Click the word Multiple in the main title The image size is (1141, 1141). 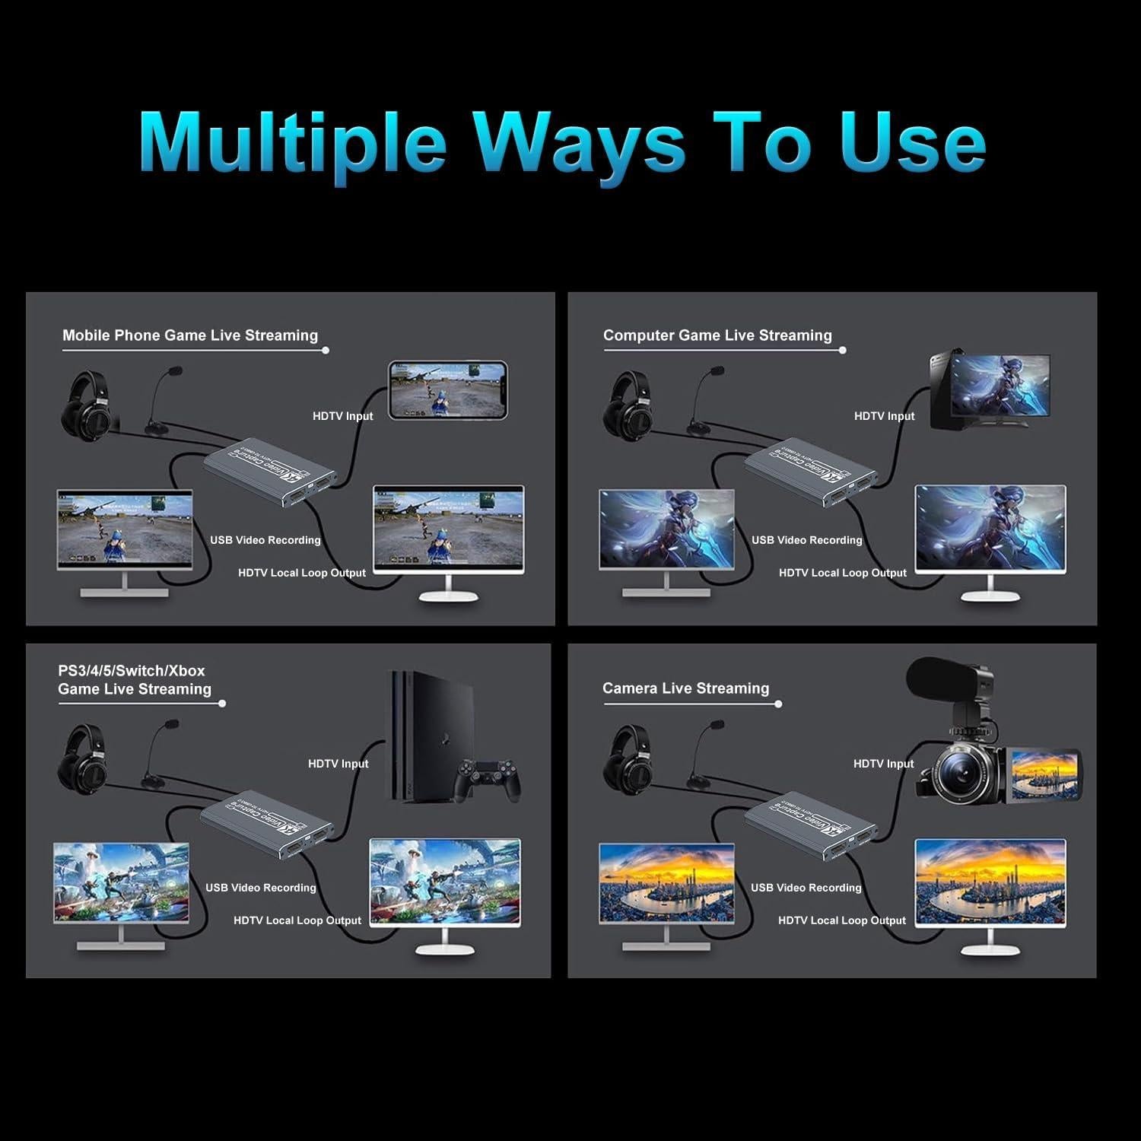pyautogui.click(x=293, y=142)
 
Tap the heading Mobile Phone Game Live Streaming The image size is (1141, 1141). pyautogui.click(x=190, y=335)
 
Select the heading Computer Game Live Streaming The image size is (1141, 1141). pyautogui.click(x=717, y=335)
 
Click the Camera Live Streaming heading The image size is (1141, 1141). pyautogui.click(x=685, y=688)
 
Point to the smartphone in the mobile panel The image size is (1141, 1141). pyautogui.click(x=447, y=390)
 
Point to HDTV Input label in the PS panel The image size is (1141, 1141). pyautogui.click(x=338, y=764)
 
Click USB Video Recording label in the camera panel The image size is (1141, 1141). pyautogui.click(x=806, y=888)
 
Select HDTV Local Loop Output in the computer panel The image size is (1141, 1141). pyautogui.click(x=842, y=573)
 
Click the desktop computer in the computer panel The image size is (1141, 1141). pyautogui.click(x=989, y=389)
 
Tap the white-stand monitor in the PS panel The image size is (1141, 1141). pyautogui.click(x=445, y=890)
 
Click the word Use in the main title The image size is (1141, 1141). pyautogui.click(x=912, y=142)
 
